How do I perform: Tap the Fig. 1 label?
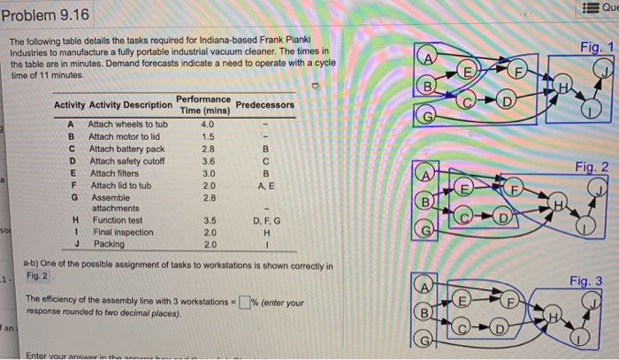(x=583, y=41)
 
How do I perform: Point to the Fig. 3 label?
(x=585, y=281)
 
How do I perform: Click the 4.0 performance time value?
(x=208, y=125)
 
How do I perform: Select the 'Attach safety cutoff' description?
(x=127, y=162)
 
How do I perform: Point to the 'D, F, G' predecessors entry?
(x=267, y=220)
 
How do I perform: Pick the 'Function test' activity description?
(x=118, y=220)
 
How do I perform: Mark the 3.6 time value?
(x=209, y=162)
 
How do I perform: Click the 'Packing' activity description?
(x=109, y=244)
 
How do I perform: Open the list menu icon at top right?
(x=590, y=8)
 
